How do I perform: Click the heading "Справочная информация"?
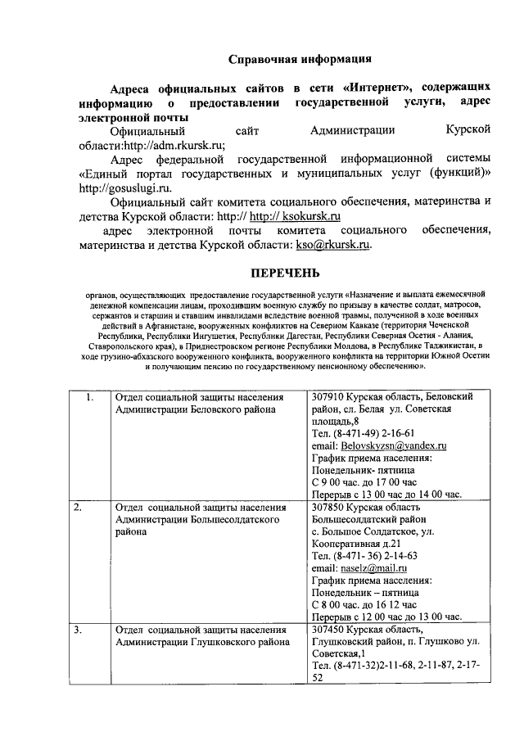[300, 59]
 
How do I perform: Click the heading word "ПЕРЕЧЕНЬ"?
[285, 273]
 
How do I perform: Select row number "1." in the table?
[90, 397]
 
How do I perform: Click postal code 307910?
[331, 397]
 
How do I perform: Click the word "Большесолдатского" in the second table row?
[236, 519]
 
